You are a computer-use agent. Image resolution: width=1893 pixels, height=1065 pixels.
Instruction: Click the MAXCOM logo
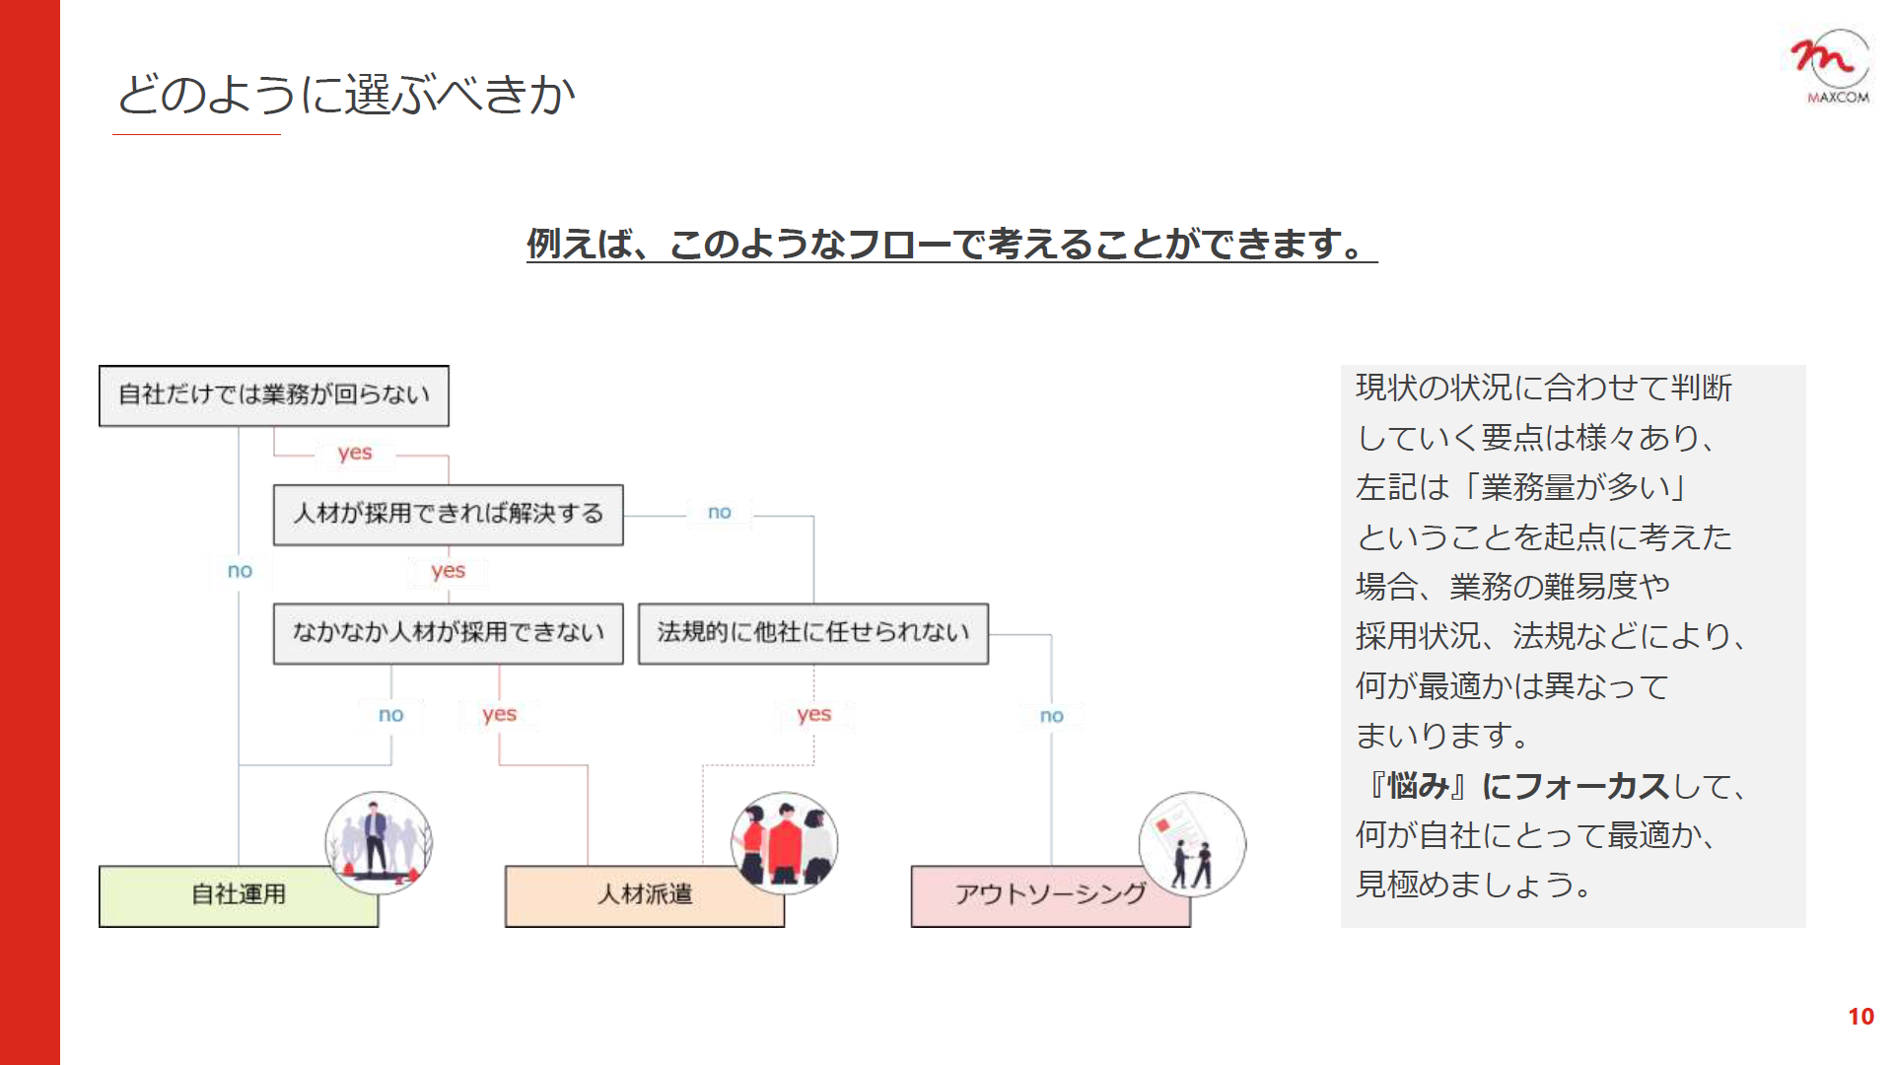click(1831, 66)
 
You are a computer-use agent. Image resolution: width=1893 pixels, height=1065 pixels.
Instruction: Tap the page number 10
click(1860, 1017)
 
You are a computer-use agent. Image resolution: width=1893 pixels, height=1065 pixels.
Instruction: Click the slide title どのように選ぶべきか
click(346, 95)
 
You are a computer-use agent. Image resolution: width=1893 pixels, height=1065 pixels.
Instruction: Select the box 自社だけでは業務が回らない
click(274, 395)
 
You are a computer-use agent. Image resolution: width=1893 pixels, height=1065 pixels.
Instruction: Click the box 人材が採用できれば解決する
click(449, 515)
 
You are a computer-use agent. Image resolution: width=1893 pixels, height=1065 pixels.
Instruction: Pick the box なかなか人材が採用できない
click(449, 634)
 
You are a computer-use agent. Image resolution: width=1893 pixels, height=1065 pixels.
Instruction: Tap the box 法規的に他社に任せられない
click(813, 634)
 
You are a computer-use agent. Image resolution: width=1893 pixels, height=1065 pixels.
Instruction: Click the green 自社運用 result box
click(239, 896)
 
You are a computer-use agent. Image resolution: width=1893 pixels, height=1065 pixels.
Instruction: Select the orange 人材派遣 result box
click(645, 896)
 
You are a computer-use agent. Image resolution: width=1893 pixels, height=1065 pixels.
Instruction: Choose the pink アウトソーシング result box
click(1051, 896)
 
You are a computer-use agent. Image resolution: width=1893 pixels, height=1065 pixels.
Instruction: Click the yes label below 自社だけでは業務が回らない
click(355, 454)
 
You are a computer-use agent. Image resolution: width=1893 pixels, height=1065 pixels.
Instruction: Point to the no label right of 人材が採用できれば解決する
click(720, 512)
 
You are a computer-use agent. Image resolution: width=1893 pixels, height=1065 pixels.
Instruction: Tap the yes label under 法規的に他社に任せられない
click(814, 715)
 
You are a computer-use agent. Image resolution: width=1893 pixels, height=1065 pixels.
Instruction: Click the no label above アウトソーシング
click(1052, 716)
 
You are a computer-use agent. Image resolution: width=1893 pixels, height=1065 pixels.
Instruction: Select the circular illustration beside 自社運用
click(379, 843)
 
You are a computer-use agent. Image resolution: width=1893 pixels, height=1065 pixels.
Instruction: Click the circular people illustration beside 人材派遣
click(785, 843)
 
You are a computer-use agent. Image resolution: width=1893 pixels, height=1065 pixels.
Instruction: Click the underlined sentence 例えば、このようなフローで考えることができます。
click(951, 245)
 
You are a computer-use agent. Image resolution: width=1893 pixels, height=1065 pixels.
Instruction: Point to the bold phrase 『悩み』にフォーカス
click(1517, 786)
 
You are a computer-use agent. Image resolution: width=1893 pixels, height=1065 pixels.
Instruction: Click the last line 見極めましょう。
click(1474, 885)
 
